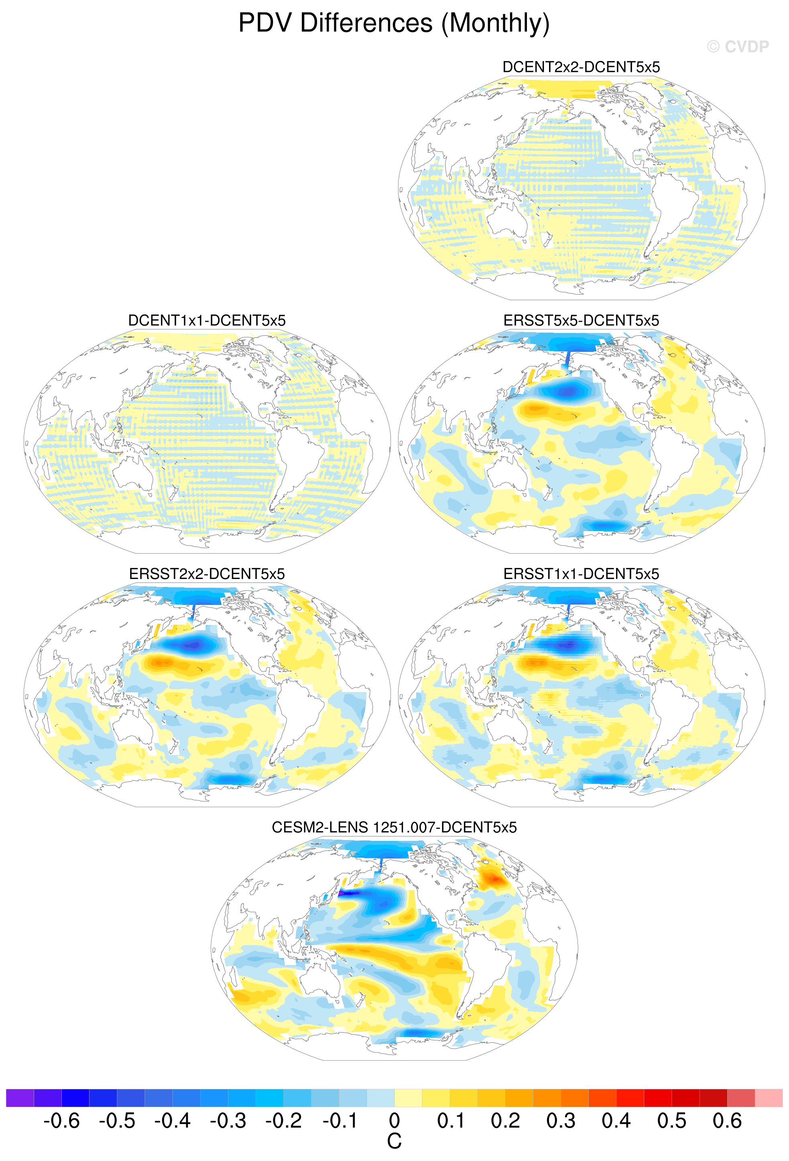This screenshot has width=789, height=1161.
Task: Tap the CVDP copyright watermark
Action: click(738, 47)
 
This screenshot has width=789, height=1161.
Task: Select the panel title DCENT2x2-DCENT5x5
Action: click(581, 67)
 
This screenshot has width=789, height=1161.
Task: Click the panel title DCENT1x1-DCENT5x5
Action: click(207, 320)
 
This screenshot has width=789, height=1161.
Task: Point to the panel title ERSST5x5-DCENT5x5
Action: click(581, 320)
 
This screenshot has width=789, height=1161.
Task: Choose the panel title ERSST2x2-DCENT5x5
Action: click(207, 574)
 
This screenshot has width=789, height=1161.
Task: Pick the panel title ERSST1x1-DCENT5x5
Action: click(581, 574)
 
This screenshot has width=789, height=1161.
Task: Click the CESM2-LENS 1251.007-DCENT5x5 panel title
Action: click(394, 827)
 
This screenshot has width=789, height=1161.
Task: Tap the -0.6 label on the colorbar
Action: click(61, 1120)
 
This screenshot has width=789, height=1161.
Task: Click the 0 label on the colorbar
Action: click(394, 1120)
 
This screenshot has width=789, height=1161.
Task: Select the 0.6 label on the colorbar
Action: click(727, 1120)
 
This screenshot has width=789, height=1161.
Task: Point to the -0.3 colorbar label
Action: click(228, 1120)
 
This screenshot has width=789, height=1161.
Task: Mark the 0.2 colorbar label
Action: click(505, 1120)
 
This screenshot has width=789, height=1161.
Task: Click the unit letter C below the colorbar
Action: click(394, 1141)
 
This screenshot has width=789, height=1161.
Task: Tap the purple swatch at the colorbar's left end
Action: click(20, 1098)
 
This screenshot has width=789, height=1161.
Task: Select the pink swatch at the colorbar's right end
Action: click(769, 1098)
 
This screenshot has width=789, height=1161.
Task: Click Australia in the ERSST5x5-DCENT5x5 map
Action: click(507, 472)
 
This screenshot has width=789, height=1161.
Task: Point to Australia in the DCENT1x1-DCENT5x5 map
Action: click(133, 472)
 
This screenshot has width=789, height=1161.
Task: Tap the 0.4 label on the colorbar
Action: click(616, 1120)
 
